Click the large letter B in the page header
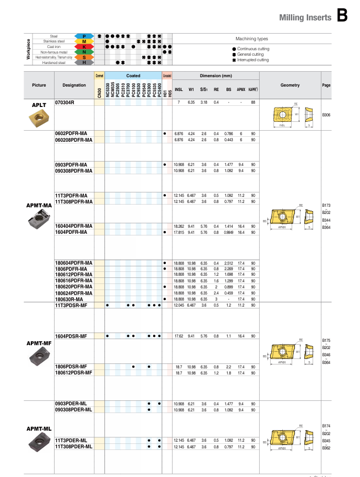342,16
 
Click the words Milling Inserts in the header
305,18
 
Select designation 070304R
65,103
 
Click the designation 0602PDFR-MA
71,134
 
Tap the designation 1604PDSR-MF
71,336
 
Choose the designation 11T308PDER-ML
73,446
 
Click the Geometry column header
290,85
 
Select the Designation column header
74,85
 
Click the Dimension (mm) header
216,76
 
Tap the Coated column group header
133,76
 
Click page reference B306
326,115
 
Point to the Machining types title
251,39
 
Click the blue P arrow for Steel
83,36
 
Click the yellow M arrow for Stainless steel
83,41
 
